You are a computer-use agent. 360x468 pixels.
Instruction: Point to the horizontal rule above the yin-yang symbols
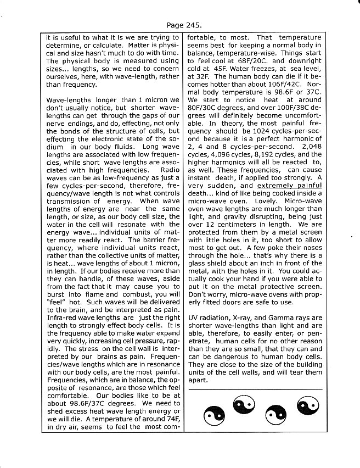click(x=255, y=389)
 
